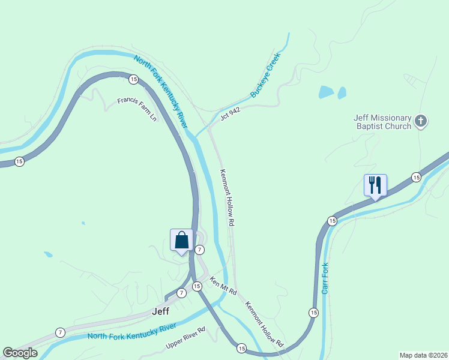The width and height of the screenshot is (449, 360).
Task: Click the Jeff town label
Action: coord(161,311)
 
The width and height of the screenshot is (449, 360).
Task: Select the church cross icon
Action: coord(421,122)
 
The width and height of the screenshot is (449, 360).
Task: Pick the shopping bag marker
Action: coord(181,240)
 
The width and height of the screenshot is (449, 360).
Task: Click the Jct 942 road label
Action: coord(230,114)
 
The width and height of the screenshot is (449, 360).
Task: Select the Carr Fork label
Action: coord(325,278)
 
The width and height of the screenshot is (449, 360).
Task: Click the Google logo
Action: coord(20,353)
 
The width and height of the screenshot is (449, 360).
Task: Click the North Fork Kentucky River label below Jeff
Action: coord(131,331)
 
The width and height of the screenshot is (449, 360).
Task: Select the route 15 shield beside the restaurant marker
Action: coord(416,176)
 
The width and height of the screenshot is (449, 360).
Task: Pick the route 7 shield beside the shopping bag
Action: coord(200,250)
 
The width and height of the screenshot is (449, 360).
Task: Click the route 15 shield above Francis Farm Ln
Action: coord(133,79)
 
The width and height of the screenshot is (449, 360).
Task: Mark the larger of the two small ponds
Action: coord(326,92)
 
